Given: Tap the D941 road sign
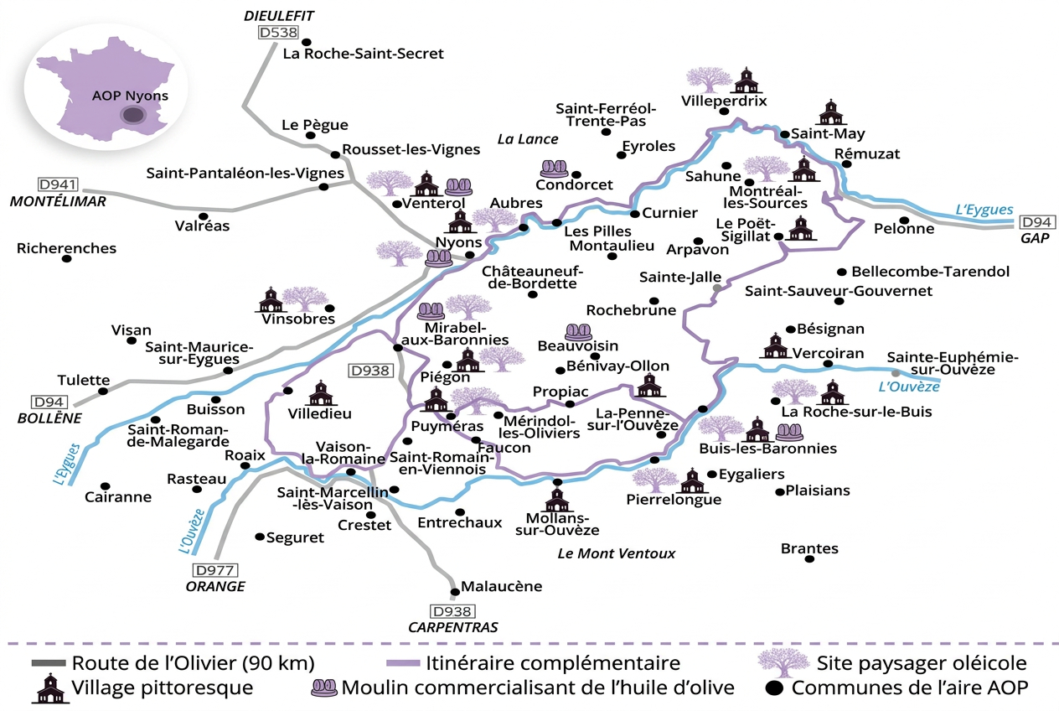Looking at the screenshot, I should [57, 184].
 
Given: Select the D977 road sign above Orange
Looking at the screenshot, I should [214, 569].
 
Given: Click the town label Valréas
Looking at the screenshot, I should [203, 226].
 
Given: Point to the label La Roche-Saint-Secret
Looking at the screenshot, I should [363, 54].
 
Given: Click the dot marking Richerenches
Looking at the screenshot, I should [67, 258].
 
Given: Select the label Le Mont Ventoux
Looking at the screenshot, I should [616, 553].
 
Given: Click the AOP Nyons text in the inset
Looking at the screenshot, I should [130, 96].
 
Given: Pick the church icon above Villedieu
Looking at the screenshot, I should [320, 392].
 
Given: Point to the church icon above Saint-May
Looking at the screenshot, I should [830, 112].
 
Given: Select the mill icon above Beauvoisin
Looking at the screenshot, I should [577, 332].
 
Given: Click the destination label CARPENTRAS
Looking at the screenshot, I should [452, 627].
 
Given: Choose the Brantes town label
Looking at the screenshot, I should [808, 548].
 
